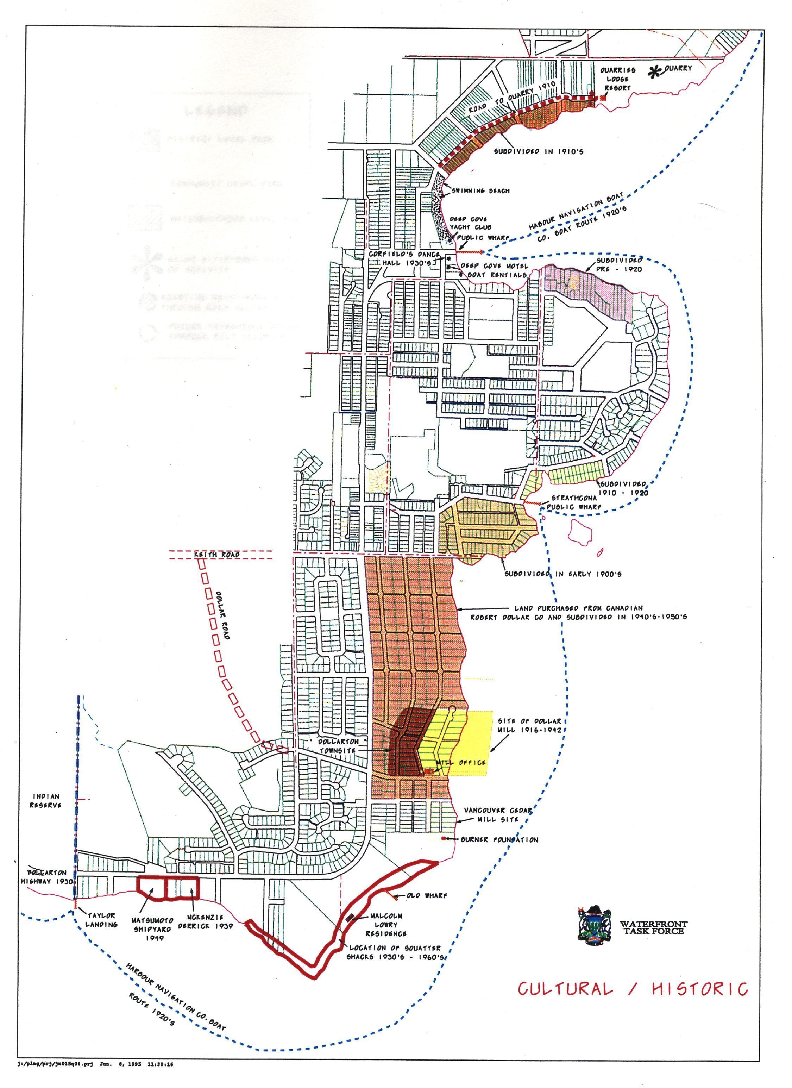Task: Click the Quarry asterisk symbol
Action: (653, 73)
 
